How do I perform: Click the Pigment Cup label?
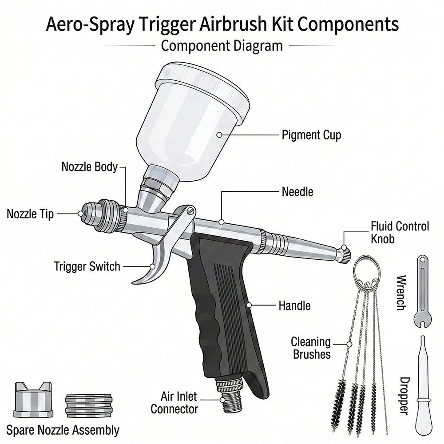pos(311,135)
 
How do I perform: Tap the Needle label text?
pos(297,192)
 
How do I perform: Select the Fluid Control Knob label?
pos(400,233)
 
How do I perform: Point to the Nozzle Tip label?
pos(30,214)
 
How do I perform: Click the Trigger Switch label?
pos(87,266)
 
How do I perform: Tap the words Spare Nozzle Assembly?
pos(63,430)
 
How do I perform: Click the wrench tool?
pos(423,292)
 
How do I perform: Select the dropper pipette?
pos(424,387)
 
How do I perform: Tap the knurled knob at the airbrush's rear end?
pos(345,254)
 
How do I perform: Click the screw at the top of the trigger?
pos(191,210)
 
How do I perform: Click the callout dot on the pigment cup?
pos(219,135)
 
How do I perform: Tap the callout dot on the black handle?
pos(249,305)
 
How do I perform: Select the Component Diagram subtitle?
pos(222,46)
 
